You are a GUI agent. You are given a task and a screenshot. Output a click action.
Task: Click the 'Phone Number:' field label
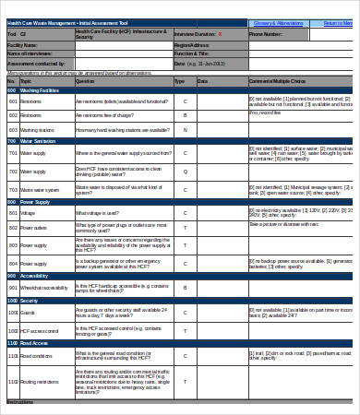265,34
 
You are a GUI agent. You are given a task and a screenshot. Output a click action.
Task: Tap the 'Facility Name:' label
22,44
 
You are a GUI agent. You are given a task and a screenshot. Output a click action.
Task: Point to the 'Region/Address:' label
192,44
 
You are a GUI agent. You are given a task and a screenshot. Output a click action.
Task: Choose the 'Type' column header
179,81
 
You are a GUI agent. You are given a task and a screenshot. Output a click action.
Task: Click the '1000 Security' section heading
24,301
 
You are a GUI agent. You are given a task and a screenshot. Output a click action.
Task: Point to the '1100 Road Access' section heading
27,342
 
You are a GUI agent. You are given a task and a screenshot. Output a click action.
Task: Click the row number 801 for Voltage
13,213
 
